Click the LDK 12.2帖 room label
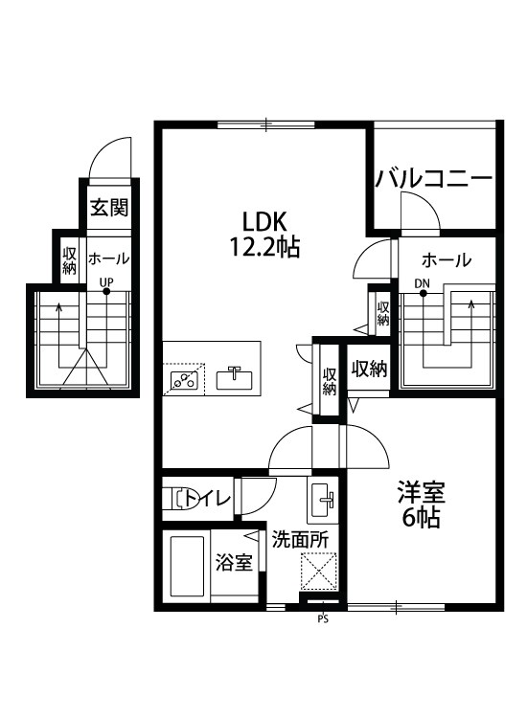pos(264,232)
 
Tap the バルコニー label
pos(434,179)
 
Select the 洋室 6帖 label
pos(422,505)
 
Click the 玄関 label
pos(109,208)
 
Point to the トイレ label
pos(209,498)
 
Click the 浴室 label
pos(234,562)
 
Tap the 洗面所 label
pos(299,539)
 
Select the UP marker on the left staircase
pos(107,281)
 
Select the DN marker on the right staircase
pos(422,283)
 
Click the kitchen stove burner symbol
pos(183,380)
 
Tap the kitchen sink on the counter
pos(234,378)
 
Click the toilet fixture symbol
pos(176,498)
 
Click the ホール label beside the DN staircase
pos(446,259)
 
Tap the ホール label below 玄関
pos(108,258)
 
